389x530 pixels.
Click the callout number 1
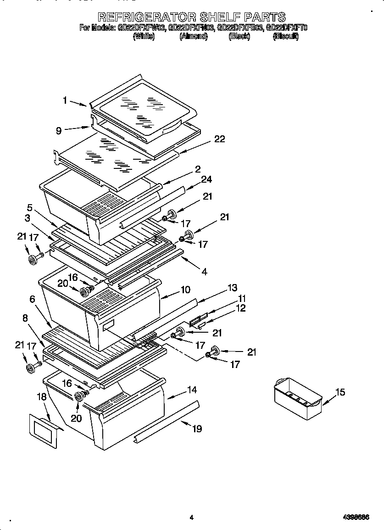click(65, 100)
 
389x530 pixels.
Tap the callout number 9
click(59, 131)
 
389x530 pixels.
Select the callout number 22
click(220, 139)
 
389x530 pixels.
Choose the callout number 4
click(204, 272)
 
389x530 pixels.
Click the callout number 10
click(186, 290)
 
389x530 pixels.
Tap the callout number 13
click(233, 288)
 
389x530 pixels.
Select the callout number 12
click(241, 308)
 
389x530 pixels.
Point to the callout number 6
click(32, 299)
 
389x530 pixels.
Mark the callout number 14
click(192, 390)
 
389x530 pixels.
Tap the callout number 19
click(196, 429)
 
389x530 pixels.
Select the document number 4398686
click(356, 517)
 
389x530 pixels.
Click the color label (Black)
click(239, 37)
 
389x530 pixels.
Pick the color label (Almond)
click(193, 37)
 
